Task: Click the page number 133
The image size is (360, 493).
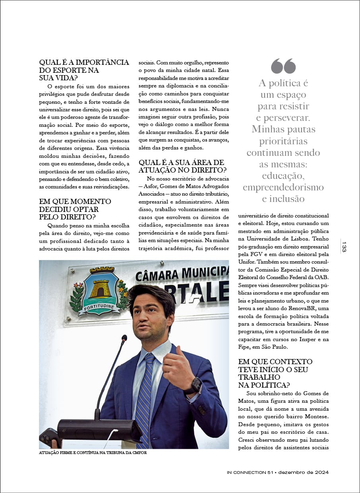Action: (x=344, y=246)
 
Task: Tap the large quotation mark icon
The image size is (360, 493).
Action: (x=283, y=66)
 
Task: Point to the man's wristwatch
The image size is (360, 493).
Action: (x=195, y=386)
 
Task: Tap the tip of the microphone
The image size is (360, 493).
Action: (x=124, y=338)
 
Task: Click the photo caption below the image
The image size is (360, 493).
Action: (x=93, y=453)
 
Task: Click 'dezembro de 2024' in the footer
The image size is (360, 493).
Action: (x=304, y=472)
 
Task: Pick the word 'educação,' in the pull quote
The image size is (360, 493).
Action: (x=283, y=175)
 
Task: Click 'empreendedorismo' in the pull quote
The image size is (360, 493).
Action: (x=283, y=187)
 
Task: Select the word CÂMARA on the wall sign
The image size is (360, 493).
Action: (x=157, y=277)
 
